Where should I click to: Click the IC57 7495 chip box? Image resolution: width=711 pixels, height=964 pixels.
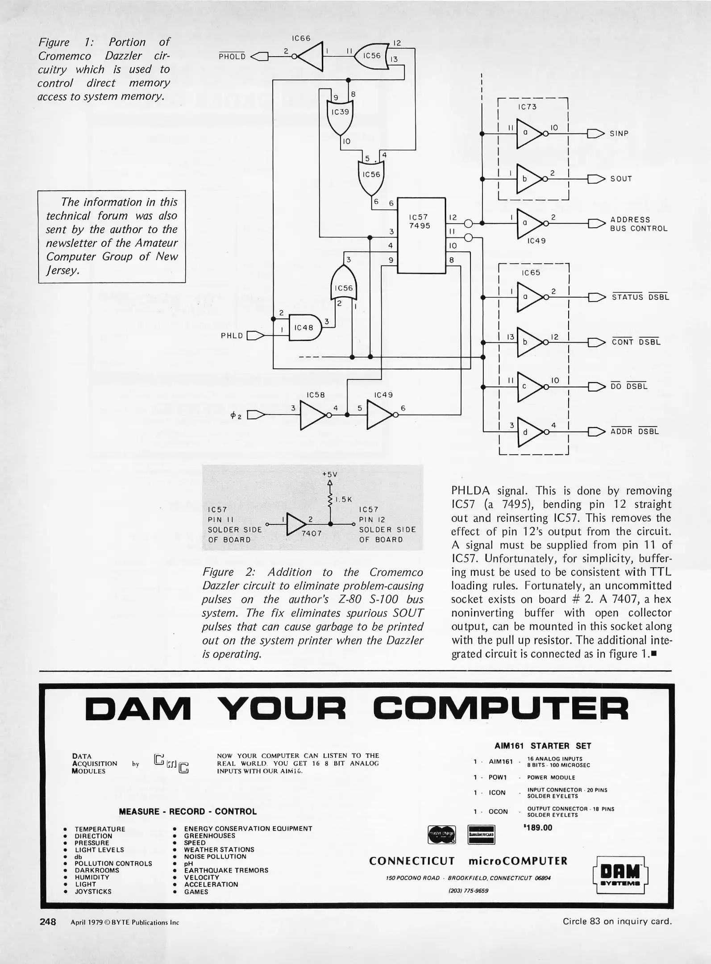pyautogui.click(x=421, y=235)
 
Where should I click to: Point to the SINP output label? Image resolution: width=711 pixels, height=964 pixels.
pyautogui.click(x=619, y=133)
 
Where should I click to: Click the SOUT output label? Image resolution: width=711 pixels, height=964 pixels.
pyautogui.click(x=621, y=179)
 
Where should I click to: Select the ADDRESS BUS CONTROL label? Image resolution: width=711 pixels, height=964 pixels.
pyautogui.click(x=639, y=224)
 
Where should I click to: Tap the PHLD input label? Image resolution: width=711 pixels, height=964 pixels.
pyautogui.click(x=232, y=336)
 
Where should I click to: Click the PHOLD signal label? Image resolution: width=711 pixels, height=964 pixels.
pyautogui.click(x=232, y=57)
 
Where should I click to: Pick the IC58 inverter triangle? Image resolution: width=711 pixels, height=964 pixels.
pyautogui.click(x=312, y=415)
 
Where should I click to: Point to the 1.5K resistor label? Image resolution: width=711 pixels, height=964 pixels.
pyautogui.click(x=344, y=499)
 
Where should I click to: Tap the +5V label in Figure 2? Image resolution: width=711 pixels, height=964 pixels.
pyautogui.click(x=330, y=474)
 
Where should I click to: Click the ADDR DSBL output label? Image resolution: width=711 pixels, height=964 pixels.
pyautogui.click(x=635, y=432)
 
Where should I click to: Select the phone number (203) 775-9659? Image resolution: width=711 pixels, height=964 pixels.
pyautogui.click(x=468, y=890)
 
